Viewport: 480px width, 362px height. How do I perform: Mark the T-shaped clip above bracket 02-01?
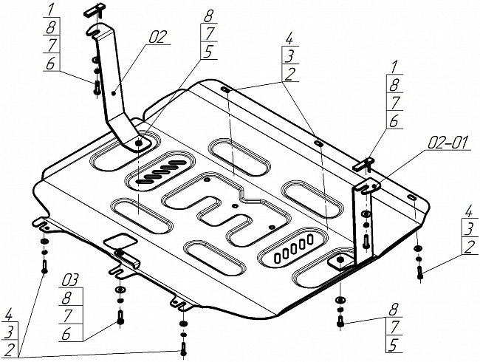click(x=368, y=160)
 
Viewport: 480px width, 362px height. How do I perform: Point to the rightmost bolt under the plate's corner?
click(x=419, y=274)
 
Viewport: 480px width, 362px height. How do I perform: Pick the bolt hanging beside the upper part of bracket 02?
click(x=96, y=86)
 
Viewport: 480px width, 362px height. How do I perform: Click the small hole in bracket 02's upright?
click(x=113, y=93)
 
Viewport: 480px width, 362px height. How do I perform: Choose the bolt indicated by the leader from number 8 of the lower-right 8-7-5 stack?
click(x=340, y=322)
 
